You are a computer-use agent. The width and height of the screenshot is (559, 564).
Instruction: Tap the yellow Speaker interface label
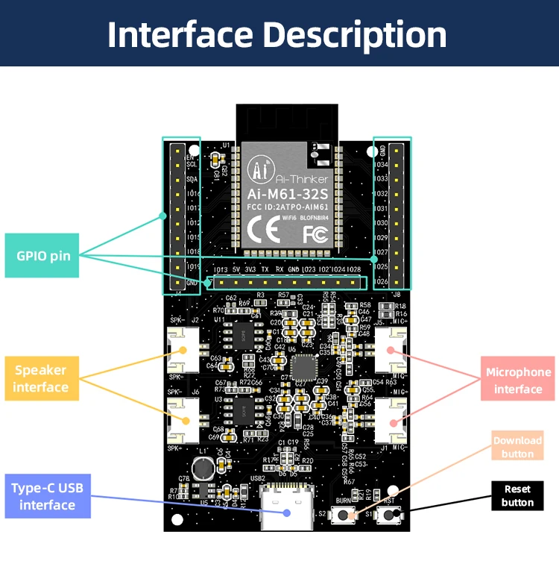click(x=41, y=378)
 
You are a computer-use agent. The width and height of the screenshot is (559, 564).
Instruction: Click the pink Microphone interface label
click(x=518, y=380)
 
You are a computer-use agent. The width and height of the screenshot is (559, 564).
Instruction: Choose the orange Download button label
click(x=517, y=446)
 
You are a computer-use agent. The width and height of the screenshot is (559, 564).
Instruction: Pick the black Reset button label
click(x=517, y=495)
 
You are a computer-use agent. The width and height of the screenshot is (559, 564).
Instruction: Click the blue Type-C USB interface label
click(x=48, y=496)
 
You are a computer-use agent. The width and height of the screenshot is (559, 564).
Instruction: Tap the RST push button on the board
click(x=388, y=515)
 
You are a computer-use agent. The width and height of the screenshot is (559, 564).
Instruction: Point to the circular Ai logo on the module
click(x=260, y=170)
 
